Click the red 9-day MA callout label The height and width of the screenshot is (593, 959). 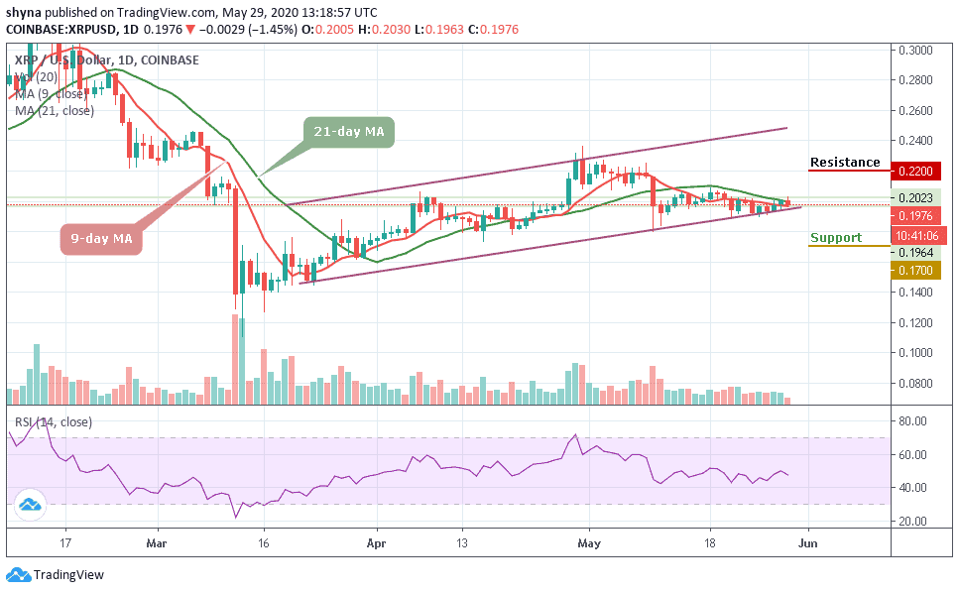click(x=103, y=240)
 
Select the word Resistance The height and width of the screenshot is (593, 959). click(x=845, y=163)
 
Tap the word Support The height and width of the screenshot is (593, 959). click(x=836, y=238)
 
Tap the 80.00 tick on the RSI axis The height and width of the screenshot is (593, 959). click(x=913, y=421)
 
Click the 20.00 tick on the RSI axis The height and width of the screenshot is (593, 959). click(x=913, y=521)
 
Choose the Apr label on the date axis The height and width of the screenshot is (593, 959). click(x=376, y=543)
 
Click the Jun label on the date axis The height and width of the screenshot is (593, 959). click(x=809, y=543)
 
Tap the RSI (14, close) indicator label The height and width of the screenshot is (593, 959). click(x=55, y=421)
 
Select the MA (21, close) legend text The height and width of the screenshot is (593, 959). click(x=55, y=111)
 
